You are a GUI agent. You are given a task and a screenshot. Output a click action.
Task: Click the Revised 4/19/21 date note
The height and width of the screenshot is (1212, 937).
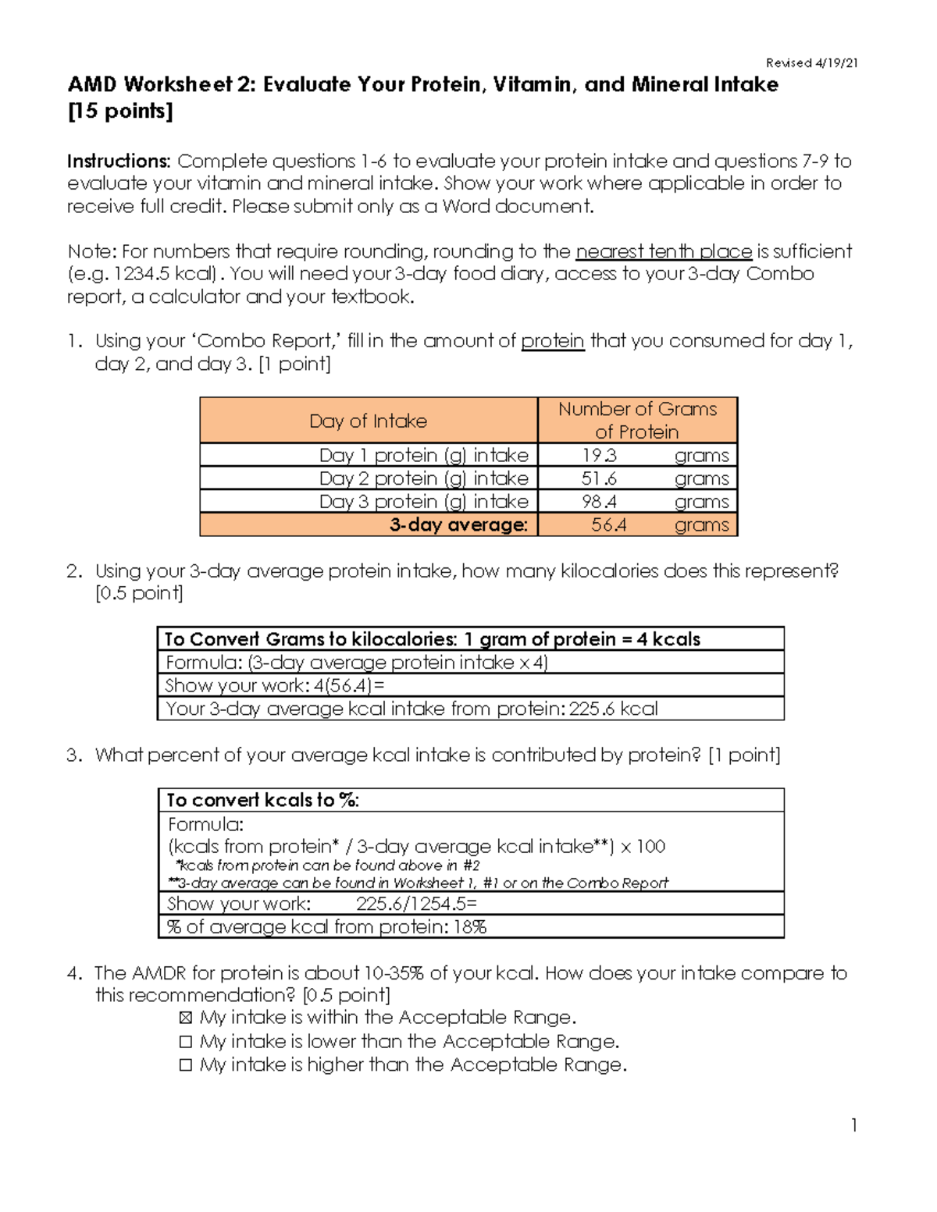[x=811, y=63]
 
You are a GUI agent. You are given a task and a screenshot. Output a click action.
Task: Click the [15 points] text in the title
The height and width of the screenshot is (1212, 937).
[x=119, y=111]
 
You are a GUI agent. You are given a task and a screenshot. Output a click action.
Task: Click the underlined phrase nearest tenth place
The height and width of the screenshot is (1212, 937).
[x=663, y=251]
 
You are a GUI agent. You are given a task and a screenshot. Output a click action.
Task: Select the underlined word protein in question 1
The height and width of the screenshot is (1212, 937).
[x=552, y=341]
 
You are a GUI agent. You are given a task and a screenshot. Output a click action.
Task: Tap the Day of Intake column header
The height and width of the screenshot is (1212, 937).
[x=368, y=421]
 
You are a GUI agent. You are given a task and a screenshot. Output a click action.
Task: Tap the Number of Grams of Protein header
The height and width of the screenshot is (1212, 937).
[x=637, y=421]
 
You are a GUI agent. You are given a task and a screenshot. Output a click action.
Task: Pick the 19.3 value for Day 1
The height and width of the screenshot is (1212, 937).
[x=599, y=455]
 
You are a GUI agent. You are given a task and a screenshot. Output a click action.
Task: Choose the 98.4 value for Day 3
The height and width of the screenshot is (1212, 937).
[x=599, y=502]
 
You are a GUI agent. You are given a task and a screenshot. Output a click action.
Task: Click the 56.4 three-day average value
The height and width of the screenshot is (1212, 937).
[x=608, y=525]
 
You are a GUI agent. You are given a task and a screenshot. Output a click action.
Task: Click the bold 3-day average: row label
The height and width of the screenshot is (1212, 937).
[x=458, y=525]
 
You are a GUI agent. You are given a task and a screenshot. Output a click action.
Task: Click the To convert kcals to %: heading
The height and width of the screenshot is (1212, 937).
[x=262, y=801]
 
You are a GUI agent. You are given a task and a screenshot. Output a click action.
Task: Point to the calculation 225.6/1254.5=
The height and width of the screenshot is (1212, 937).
[x=416, y=904]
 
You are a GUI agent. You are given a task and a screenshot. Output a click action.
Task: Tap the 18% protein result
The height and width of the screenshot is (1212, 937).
[x=471, y=927]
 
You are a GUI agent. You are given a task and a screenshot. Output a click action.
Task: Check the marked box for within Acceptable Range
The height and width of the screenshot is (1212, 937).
[x=185, y=1018]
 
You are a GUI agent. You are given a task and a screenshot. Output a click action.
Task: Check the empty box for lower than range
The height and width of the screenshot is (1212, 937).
[x=185, y=1042]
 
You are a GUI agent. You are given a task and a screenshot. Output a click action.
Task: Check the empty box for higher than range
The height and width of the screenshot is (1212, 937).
[x=185, y=1065]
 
